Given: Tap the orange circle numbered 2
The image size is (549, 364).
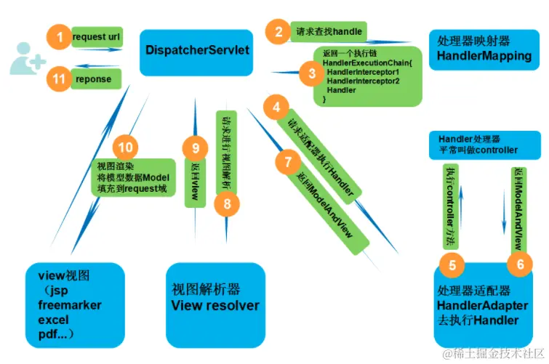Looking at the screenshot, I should click(x=276, y=31).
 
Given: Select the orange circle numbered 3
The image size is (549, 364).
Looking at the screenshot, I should click(x=311, y=72).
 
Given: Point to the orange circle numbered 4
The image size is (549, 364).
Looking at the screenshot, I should click(x=276, y=108).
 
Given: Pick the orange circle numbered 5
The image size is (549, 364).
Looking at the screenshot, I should click(x=452, y=265).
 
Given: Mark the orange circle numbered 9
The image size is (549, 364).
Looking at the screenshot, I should click(x=196, y=148).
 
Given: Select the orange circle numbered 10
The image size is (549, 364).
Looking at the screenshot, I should click(x=126, y=147).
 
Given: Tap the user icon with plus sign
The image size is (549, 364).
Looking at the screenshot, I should click(x=26, y=57).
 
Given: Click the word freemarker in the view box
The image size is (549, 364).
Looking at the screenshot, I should click(x=70, y=304).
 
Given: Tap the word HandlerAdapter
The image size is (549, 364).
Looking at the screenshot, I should click(x=481, y=306).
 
